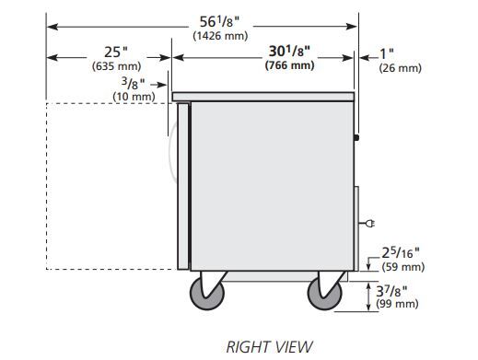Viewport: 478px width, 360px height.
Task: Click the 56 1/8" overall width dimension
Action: pos(219,22)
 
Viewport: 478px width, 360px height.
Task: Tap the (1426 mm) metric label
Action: pos(220,36)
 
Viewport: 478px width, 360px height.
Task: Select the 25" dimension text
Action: pos(116,52)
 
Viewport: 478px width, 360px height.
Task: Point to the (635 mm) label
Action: pos(116,66)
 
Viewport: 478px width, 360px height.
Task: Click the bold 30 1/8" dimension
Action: pos(289,51)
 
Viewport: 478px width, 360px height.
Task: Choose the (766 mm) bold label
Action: pos(289,65)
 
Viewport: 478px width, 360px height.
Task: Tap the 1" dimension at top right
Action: pos(387,53)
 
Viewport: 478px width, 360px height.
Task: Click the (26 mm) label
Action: pos(400,68)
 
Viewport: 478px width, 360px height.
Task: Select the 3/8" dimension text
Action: pos(133,83)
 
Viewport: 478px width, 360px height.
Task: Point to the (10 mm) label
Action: pos(134,97)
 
